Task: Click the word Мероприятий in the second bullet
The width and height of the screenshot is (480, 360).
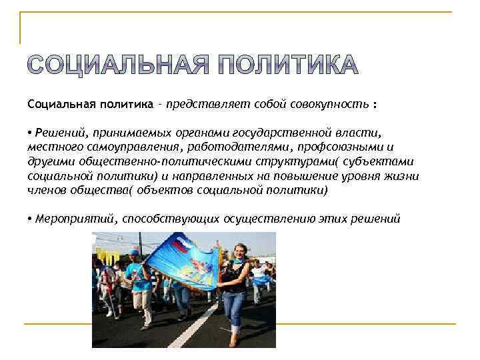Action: (x=73, y=218)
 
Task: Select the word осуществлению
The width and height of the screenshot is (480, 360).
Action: (x=261, y=218)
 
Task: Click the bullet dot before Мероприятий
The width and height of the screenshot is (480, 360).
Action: (x=31, y=218)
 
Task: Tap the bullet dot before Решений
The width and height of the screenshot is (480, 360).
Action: (x=31, y=133)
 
